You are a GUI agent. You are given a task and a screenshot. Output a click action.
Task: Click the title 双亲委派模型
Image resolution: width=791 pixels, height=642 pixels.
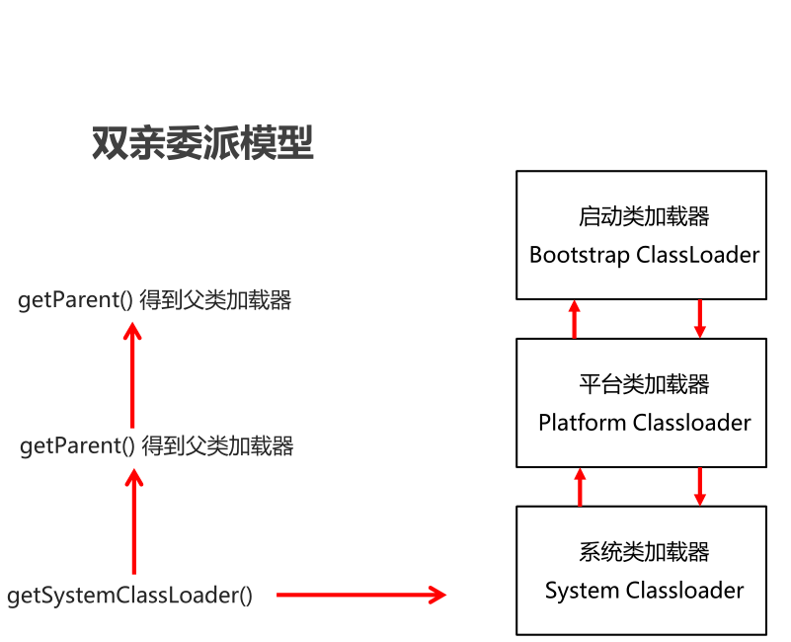[x=202, y=144]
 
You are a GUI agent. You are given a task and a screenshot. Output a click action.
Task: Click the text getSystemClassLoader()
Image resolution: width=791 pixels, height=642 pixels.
[x=129, y=596]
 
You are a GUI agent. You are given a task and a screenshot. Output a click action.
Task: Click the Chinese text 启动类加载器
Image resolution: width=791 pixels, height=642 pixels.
[x=644, y=216]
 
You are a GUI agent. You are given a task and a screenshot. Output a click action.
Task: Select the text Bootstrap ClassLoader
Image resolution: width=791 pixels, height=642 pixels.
[x=644, y=255]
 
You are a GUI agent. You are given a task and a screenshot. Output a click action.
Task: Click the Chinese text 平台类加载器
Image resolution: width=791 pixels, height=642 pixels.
[x=644, y=384]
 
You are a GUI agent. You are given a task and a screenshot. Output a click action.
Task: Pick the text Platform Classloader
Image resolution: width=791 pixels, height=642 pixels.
[x=644, y=423]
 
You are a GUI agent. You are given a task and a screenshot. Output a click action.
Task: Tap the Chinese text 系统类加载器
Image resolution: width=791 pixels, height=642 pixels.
[x=644, y=552]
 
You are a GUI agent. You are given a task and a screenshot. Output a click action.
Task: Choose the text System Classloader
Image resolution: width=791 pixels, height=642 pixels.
[x=644, y=591]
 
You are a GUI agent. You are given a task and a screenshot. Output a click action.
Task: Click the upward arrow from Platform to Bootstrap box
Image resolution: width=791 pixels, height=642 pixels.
[x=575, y=319]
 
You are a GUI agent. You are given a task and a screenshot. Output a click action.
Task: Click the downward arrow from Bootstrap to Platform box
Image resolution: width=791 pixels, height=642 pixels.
[x=700, y=318]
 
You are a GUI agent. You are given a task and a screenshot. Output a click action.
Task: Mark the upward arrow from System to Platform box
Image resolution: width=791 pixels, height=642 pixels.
[x=580, y=486]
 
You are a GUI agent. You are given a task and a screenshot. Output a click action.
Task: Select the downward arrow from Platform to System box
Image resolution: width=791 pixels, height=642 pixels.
[x=700, y=486]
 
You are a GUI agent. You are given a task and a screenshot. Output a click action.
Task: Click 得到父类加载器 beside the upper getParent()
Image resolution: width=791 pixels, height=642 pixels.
[x=215, y=301]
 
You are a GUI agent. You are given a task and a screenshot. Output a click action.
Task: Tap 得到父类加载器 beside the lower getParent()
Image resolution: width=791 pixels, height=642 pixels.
[x=217, y=446]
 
